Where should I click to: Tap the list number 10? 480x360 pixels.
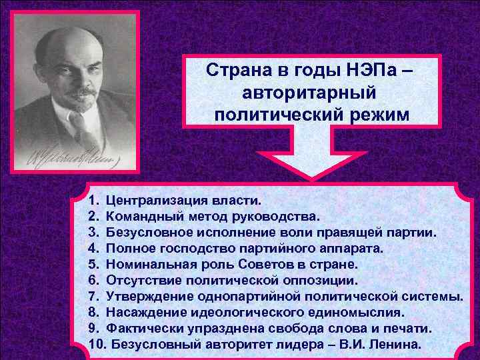click(96, 344)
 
